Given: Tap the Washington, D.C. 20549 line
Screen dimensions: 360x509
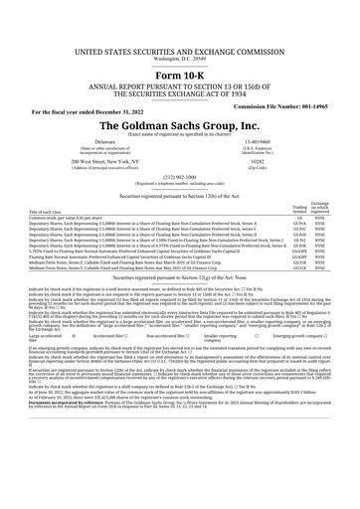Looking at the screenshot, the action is pyautogui.click(x=179, y=30).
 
